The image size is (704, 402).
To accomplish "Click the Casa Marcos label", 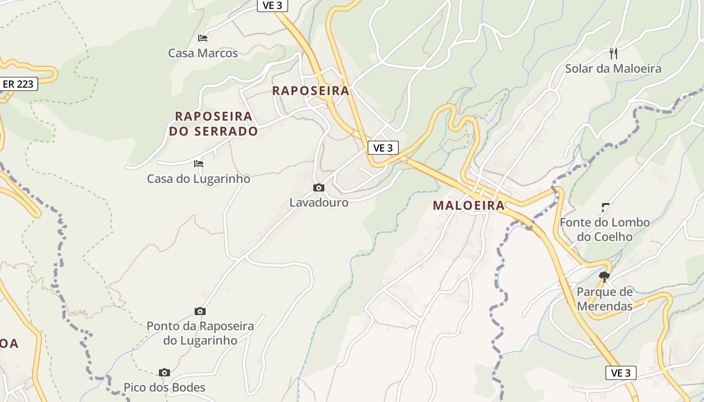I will (203, 53).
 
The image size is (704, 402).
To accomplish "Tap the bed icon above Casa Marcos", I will (203, 38).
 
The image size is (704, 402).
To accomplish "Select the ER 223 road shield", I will (19, 84).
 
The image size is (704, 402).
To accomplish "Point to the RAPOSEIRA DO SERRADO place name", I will (213, 124).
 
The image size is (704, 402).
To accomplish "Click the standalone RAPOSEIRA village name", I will (310, 90).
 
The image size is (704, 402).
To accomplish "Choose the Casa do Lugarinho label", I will (198, 178).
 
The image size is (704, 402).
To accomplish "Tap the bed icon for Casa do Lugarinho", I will (199, 163).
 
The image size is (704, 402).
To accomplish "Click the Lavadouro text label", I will (319, 203).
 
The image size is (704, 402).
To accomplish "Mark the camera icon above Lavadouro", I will (319, 187).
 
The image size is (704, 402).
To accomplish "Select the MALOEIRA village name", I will (469, 205).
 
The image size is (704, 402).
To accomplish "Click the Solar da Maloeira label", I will (613, 68).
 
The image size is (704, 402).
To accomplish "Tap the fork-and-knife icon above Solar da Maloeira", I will (613, 53).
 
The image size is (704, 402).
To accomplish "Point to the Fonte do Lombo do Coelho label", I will (604, 229).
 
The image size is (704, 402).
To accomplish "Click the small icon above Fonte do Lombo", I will (605, 207).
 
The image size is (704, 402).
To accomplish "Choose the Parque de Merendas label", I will (604, 299).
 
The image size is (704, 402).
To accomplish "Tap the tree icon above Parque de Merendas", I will (604, 276).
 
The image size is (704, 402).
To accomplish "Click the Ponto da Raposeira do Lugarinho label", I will (200, 333).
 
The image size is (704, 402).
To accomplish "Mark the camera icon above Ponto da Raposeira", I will (200, 311).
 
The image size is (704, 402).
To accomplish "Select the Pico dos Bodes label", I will (164, 387).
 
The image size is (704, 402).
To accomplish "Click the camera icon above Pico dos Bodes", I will (164, 372).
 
